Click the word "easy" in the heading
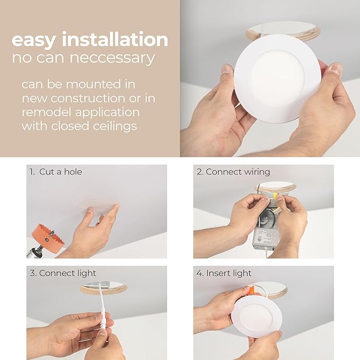click(x=34, y=40)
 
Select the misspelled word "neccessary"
click(x=104, y=58)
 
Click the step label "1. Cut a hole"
click(x=56, y=172)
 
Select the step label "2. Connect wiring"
click(x=233, y=172)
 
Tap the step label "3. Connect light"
click(x=63, y=273)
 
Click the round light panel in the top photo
click(x=277, y=78)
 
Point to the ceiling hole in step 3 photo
click(x=103, y=287)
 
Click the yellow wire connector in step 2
click(x=277, y=196)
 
